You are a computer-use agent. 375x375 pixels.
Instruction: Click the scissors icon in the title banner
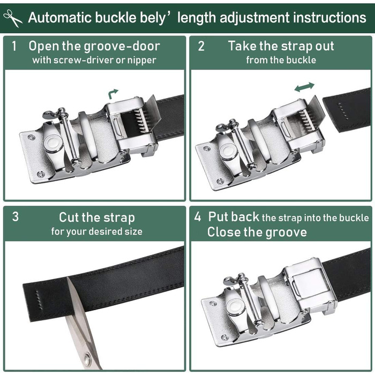pos(13,18)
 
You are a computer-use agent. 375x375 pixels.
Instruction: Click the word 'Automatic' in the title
pos(60,18)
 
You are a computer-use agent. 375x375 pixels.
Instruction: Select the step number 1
pos(14,46)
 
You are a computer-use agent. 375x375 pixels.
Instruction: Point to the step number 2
pos(201,46)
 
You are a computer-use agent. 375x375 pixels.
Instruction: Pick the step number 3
pos(16,216)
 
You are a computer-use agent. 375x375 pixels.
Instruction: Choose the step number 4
pos(198,216)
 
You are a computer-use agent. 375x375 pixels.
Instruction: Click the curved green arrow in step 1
pos(113,94)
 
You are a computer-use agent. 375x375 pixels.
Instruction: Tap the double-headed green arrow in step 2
pos(304,87)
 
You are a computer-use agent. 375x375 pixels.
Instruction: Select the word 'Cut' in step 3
pos(69,217)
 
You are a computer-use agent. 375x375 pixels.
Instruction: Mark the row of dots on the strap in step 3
pos(39,300)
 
